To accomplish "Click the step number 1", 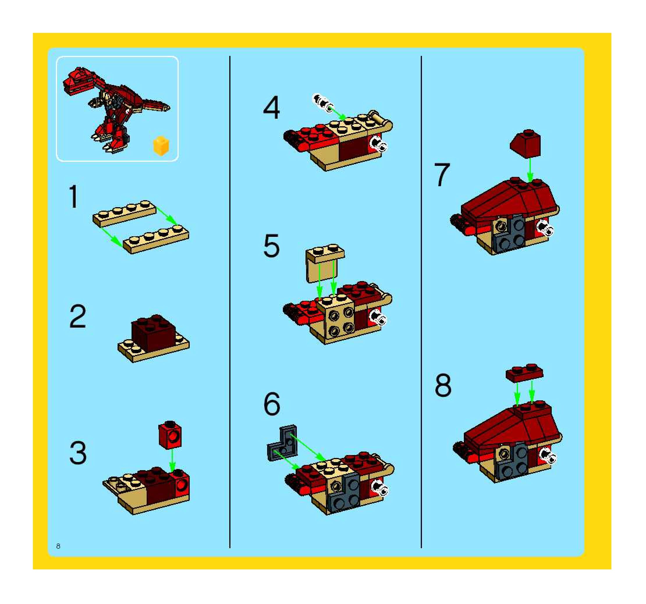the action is pyautogui.click(x=74, y=196).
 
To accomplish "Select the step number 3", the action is pyautogui.click(x=78, y=453).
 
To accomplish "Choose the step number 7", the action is pyautogui.click(x=442, y=175).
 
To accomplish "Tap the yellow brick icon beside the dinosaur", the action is pyautogui.click(x=161, y=146).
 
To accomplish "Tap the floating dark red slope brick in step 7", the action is pyautogui.click(x=526, y=144).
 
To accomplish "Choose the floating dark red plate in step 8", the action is pyautogui.click(x=524, y=372).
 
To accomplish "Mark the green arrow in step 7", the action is pyautogui.click(x=530, y=170).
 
